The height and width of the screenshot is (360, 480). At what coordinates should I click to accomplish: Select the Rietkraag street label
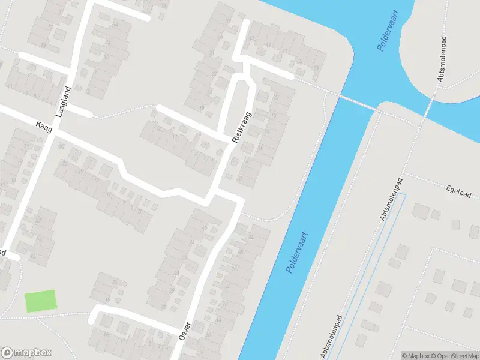point(242,126)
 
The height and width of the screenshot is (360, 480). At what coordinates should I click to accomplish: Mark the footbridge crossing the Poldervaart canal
point(354,101)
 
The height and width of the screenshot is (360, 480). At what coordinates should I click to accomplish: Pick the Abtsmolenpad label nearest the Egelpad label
point(391,199)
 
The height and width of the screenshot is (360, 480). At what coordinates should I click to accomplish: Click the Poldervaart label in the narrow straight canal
point(297,253)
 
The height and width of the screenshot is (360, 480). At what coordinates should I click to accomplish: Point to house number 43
point(252,38)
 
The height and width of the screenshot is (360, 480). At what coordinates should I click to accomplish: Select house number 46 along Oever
point(204,228)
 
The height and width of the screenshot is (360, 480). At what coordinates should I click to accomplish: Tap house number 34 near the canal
point(250,238)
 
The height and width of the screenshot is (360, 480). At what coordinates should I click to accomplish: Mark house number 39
point(228,22)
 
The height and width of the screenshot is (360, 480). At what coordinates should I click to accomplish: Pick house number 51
point(299,61)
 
